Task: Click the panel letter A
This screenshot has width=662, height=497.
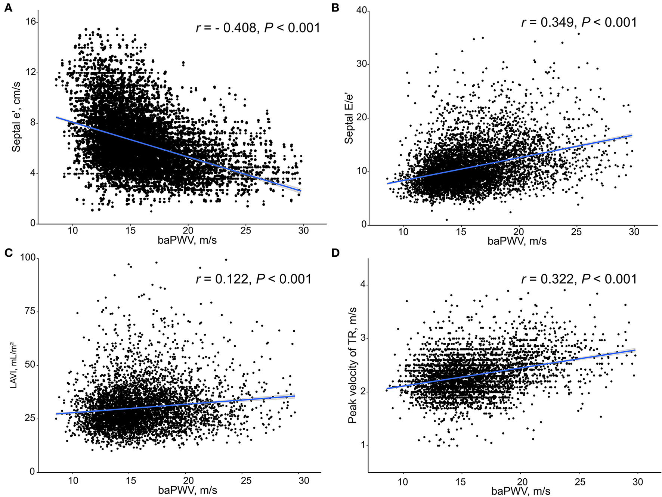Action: coord(8,7)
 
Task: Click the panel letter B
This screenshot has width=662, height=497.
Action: coord(335,7)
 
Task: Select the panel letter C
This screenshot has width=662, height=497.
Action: coord(8,253)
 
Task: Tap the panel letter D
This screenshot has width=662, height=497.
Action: coord(335,253)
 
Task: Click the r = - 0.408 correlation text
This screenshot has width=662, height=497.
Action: coord(258,28)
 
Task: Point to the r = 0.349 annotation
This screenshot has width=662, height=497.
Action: coord(579,22)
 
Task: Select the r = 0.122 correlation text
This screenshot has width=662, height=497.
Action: coord(254,279)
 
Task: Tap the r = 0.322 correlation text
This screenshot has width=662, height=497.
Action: coord(579,279)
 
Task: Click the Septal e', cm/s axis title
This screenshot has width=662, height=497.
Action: coord(16,117)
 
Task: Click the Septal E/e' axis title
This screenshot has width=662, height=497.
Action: coord(349,118)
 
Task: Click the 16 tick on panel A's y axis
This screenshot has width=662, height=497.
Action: coord(31,22)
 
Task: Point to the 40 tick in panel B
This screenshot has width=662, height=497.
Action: coord(362,11)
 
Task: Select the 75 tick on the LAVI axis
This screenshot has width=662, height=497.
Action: coord(30,311)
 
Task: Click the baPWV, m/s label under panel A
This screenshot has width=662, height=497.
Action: coord(187,240)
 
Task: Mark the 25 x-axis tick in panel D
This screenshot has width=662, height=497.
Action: coord(580,482)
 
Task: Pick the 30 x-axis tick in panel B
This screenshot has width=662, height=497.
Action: coord(634,232)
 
